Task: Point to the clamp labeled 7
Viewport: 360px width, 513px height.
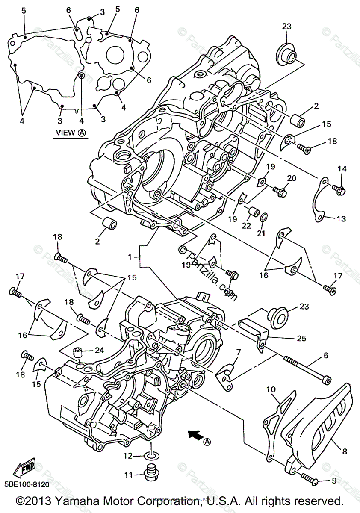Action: [x=227, y=372]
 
